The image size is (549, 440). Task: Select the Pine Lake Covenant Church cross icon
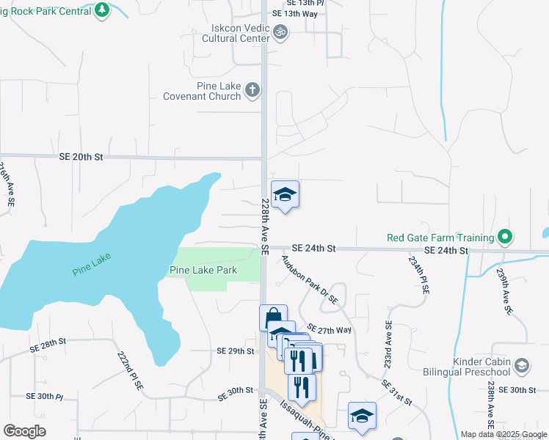252,90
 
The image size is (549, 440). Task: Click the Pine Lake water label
91,269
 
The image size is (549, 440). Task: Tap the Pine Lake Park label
203,271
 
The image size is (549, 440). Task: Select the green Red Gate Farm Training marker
504,237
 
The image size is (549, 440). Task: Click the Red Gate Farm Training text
440,238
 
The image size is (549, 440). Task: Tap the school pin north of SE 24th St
285,194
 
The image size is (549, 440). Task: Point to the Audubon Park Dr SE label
309,279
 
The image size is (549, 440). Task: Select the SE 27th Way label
330,329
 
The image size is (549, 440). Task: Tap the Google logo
24,431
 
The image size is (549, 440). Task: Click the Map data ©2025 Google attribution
503,434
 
